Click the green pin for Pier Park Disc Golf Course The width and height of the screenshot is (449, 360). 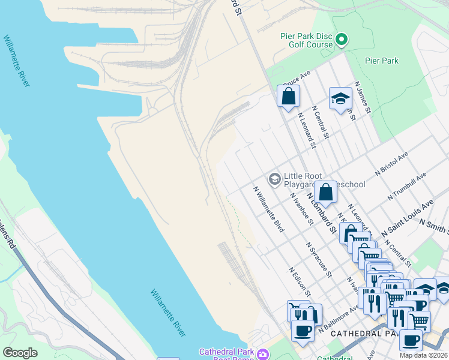coord(342,41)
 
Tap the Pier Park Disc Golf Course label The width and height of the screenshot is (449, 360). coord(306,40)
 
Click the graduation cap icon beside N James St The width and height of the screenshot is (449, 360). coord(340,99)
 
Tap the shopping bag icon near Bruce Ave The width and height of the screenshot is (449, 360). coord(288,96)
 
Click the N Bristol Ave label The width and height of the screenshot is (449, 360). coord(391,163)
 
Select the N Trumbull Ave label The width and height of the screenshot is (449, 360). coord(406,185)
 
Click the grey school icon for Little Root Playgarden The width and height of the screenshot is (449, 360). coord(275,178)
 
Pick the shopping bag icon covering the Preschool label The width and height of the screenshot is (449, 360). coord(325,193)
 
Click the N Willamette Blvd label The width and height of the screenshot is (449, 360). coord(268,209)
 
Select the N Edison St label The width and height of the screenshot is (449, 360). coord(299,282)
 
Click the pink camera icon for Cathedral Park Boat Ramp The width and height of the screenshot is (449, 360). coord(263,355)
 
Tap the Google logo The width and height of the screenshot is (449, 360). coord(20,353)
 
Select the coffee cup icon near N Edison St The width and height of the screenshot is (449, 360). coord(302,329)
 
